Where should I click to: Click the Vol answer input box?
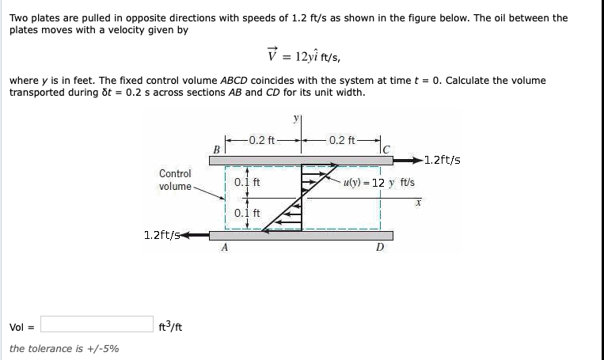point(97,324)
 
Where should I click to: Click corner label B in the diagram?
point(216,150)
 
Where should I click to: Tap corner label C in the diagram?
point(386,150)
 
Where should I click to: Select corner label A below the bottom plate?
point(225,247)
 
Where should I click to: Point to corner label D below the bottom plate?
point(380,247)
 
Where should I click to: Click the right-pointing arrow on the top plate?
point(408,160)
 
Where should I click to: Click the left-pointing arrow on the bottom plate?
point(195,235)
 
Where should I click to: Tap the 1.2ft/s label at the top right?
point(443,160)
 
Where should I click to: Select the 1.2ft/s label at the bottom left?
point(161,235)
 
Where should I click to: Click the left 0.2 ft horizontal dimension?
point(262,140)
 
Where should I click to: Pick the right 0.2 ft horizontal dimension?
point(341,140)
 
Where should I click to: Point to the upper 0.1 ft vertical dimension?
point(247,182)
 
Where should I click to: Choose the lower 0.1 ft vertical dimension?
point(247,213)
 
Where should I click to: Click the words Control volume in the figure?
point(175,180)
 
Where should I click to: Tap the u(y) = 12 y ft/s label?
point(379,183)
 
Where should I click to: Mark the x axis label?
point(418,203)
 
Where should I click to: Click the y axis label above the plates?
point(296,119)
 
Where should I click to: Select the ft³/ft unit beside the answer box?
point(170,327)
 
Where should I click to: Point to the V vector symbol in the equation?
point(272,55)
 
